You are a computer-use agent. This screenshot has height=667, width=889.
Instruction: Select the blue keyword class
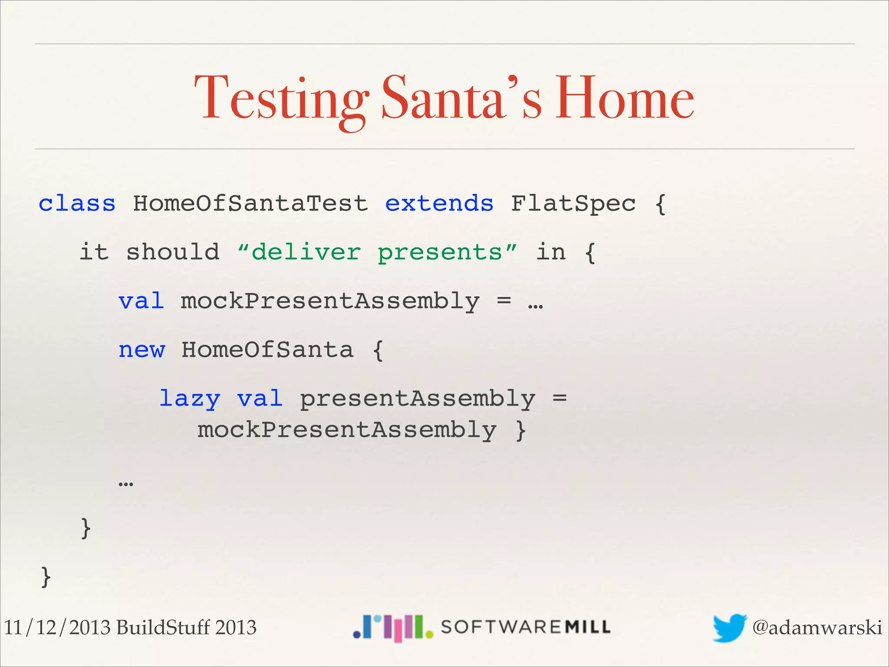(77, 203)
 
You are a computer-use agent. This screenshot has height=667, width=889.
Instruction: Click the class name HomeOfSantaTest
(250, 203)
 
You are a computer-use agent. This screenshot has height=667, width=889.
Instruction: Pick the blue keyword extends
(439, 203)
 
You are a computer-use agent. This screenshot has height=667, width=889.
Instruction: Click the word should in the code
(173, 252)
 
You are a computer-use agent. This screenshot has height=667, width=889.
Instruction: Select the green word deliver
(306, 252)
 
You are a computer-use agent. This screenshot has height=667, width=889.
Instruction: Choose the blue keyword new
(142, 350)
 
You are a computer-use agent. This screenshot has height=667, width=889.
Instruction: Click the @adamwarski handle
(817, 627)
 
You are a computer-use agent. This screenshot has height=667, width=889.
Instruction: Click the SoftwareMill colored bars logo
(393, 627)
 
